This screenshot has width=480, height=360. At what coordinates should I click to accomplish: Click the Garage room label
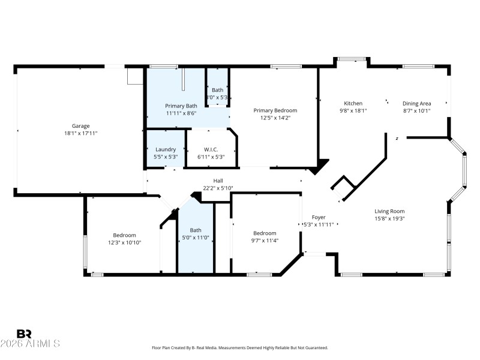pos(81,126)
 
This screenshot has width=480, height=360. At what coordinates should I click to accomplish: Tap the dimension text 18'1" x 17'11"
pos(81,133)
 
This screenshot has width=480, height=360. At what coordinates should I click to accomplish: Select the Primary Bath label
pos(181,106)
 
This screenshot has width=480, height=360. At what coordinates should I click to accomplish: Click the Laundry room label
pos(165,149)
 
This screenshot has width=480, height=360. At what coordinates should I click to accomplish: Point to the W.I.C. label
pos(211,149)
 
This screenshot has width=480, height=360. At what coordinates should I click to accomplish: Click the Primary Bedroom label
pos(275,110)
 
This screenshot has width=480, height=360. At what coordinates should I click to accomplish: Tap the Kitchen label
pos(353,103)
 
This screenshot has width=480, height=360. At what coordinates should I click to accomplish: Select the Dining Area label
pos(416,103)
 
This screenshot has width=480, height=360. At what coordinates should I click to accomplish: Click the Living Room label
pos(389,211)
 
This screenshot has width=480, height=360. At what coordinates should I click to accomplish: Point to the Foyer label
pos(318,217)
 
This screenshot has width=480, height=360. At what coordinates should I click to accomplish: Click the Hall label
pos(218,181)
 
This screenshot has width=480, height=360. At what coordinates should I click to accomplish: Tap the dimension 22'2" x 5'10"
pos(218,188)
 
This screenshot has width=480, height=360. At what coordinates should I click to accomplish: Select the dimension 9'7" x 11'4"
pos(265,241)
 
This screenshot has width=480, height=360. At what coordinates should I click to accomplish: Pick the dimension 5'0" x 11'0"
pos(196,237)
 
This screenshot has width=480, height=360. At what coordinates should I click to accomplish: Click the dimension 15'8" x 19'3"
pos(389,218)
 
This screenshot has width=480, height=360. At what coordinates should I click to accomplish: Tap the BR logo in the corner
pos(24,334)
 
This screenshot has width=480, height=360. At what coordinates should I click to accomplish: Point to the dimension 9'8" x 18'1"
pos(353,110)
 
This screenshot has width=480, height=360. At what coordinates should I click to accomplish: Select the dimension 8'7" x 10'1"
pos(416,110)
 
